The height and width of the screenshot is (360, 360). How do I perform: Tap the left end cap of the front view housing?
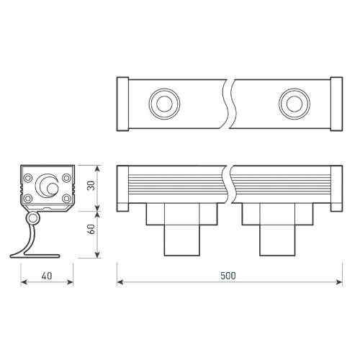(122, 189)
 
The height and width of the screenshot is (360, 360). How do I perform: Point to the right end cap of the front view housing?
(335, 189)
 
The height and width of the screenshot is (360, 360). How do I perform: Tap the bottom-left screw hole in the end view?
(27, 198)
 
